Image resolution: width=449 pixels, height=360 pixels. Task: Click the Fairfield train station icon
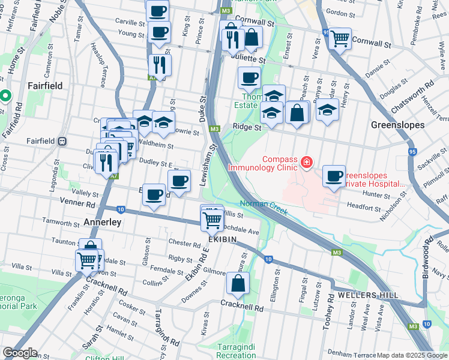(62, 142)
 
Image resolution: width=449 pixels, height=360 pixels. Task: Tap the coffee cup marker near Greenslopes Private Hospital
(334, 176)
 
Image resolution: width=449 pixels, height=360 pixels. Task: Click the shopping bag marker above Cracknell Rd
(238, 283)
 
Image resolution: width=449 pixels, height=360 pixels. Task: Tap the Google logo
(19, 353)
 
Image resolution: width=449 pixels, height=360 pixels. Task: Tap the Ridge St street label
(247, 127)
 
